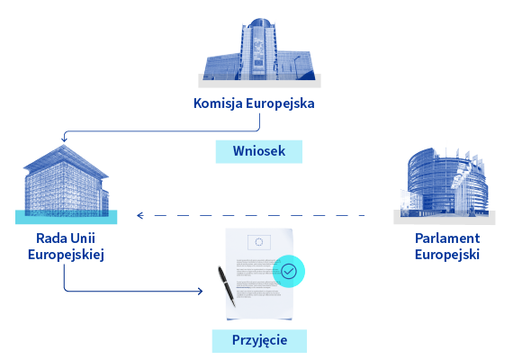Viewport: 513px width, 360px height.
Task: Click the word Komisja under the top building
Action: tap(218, 103)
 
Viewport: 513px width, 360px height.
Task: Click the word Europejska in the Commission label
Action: tap(280, 103)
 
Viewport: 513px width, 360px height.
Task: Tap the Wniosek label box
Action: tap(259, 151)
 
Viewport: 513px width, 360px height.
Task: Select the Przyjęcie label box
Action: tap(259, 341)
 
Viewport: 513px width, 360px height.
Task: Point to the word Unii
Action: tap(83, 238)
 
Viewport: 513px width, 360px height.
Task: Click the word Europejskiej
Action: tap(66, 255)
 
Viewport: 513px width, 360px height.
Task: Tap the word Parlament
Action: tap(447, 238)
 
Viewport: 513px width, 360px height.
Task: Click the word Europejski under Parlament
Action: tap(447, 255)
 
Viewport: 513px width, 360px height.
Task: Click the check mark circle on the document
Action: tap(289, 271)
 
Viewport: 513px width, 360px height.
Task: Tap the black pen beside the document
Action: tap(227, 286)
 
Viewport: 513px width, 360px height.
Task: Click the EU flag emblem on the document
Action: tap(259, 242)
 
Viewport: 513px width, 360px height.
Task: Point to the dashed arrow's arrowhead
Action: tap(140, 215)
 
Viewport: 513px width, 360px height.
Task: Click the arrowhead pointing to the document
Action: tap(200, 291)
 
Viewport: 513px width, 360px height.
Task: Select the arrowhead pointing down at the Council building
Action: tap(64, 139)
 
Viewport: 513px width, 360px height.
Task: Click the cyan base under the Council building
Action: tap(66, 217)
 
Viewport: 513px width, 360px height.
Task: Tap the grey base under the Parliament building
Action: tap(445, 218)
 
